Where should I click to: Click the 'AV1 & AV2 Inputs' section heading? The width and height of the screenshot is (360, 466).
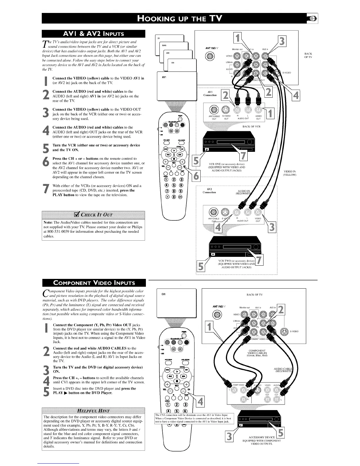[x=94, y=34]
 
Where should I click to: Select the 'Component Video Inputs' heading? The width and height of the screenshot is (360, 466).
[x=94, y=283]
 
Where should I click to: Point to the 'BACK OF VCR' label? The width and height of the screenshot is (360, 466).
[x=251, y=127]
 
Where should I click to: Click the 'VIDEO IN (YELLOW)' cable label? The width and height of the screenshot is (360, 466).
[x=289, y=173]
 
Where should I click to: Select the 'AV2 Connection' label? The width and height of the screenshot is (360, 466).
[x=209, y=191]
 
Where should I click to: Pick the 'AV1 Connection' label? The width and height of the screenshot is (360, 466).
[x=210, y=93]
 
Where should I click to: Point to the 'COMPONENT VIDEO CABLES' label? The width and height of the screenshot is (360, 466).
[x=257, y=353]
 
